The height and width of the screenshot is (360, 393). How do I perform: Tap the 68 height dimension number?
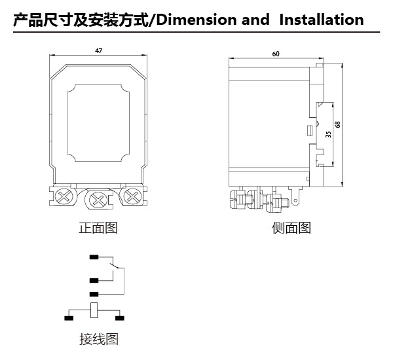click(337, 124)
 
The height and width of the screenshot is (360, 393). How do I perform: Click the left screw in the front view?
click(64, 196)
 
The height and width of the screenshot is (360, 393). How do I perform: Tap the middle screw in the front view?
click(98, 198)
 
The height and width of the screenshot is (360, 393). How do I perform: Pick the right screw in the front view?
click(132, 196)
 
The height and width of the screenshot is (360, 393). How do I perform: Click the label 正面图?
click(98, 228)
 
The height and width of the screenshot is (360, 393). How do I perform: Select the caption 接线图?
click(98, 339)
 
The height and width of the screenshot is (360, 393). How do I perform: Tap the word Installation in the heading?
click(321, 20)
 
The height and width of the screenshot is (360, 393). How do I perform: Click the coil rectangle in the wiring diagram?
click(94, 312)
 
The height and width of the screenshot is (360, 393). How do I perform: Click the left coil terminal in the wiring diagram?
click(69, 318)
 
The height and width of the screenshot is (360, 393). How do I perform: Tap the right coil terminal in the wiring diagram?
click(119, 318)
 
